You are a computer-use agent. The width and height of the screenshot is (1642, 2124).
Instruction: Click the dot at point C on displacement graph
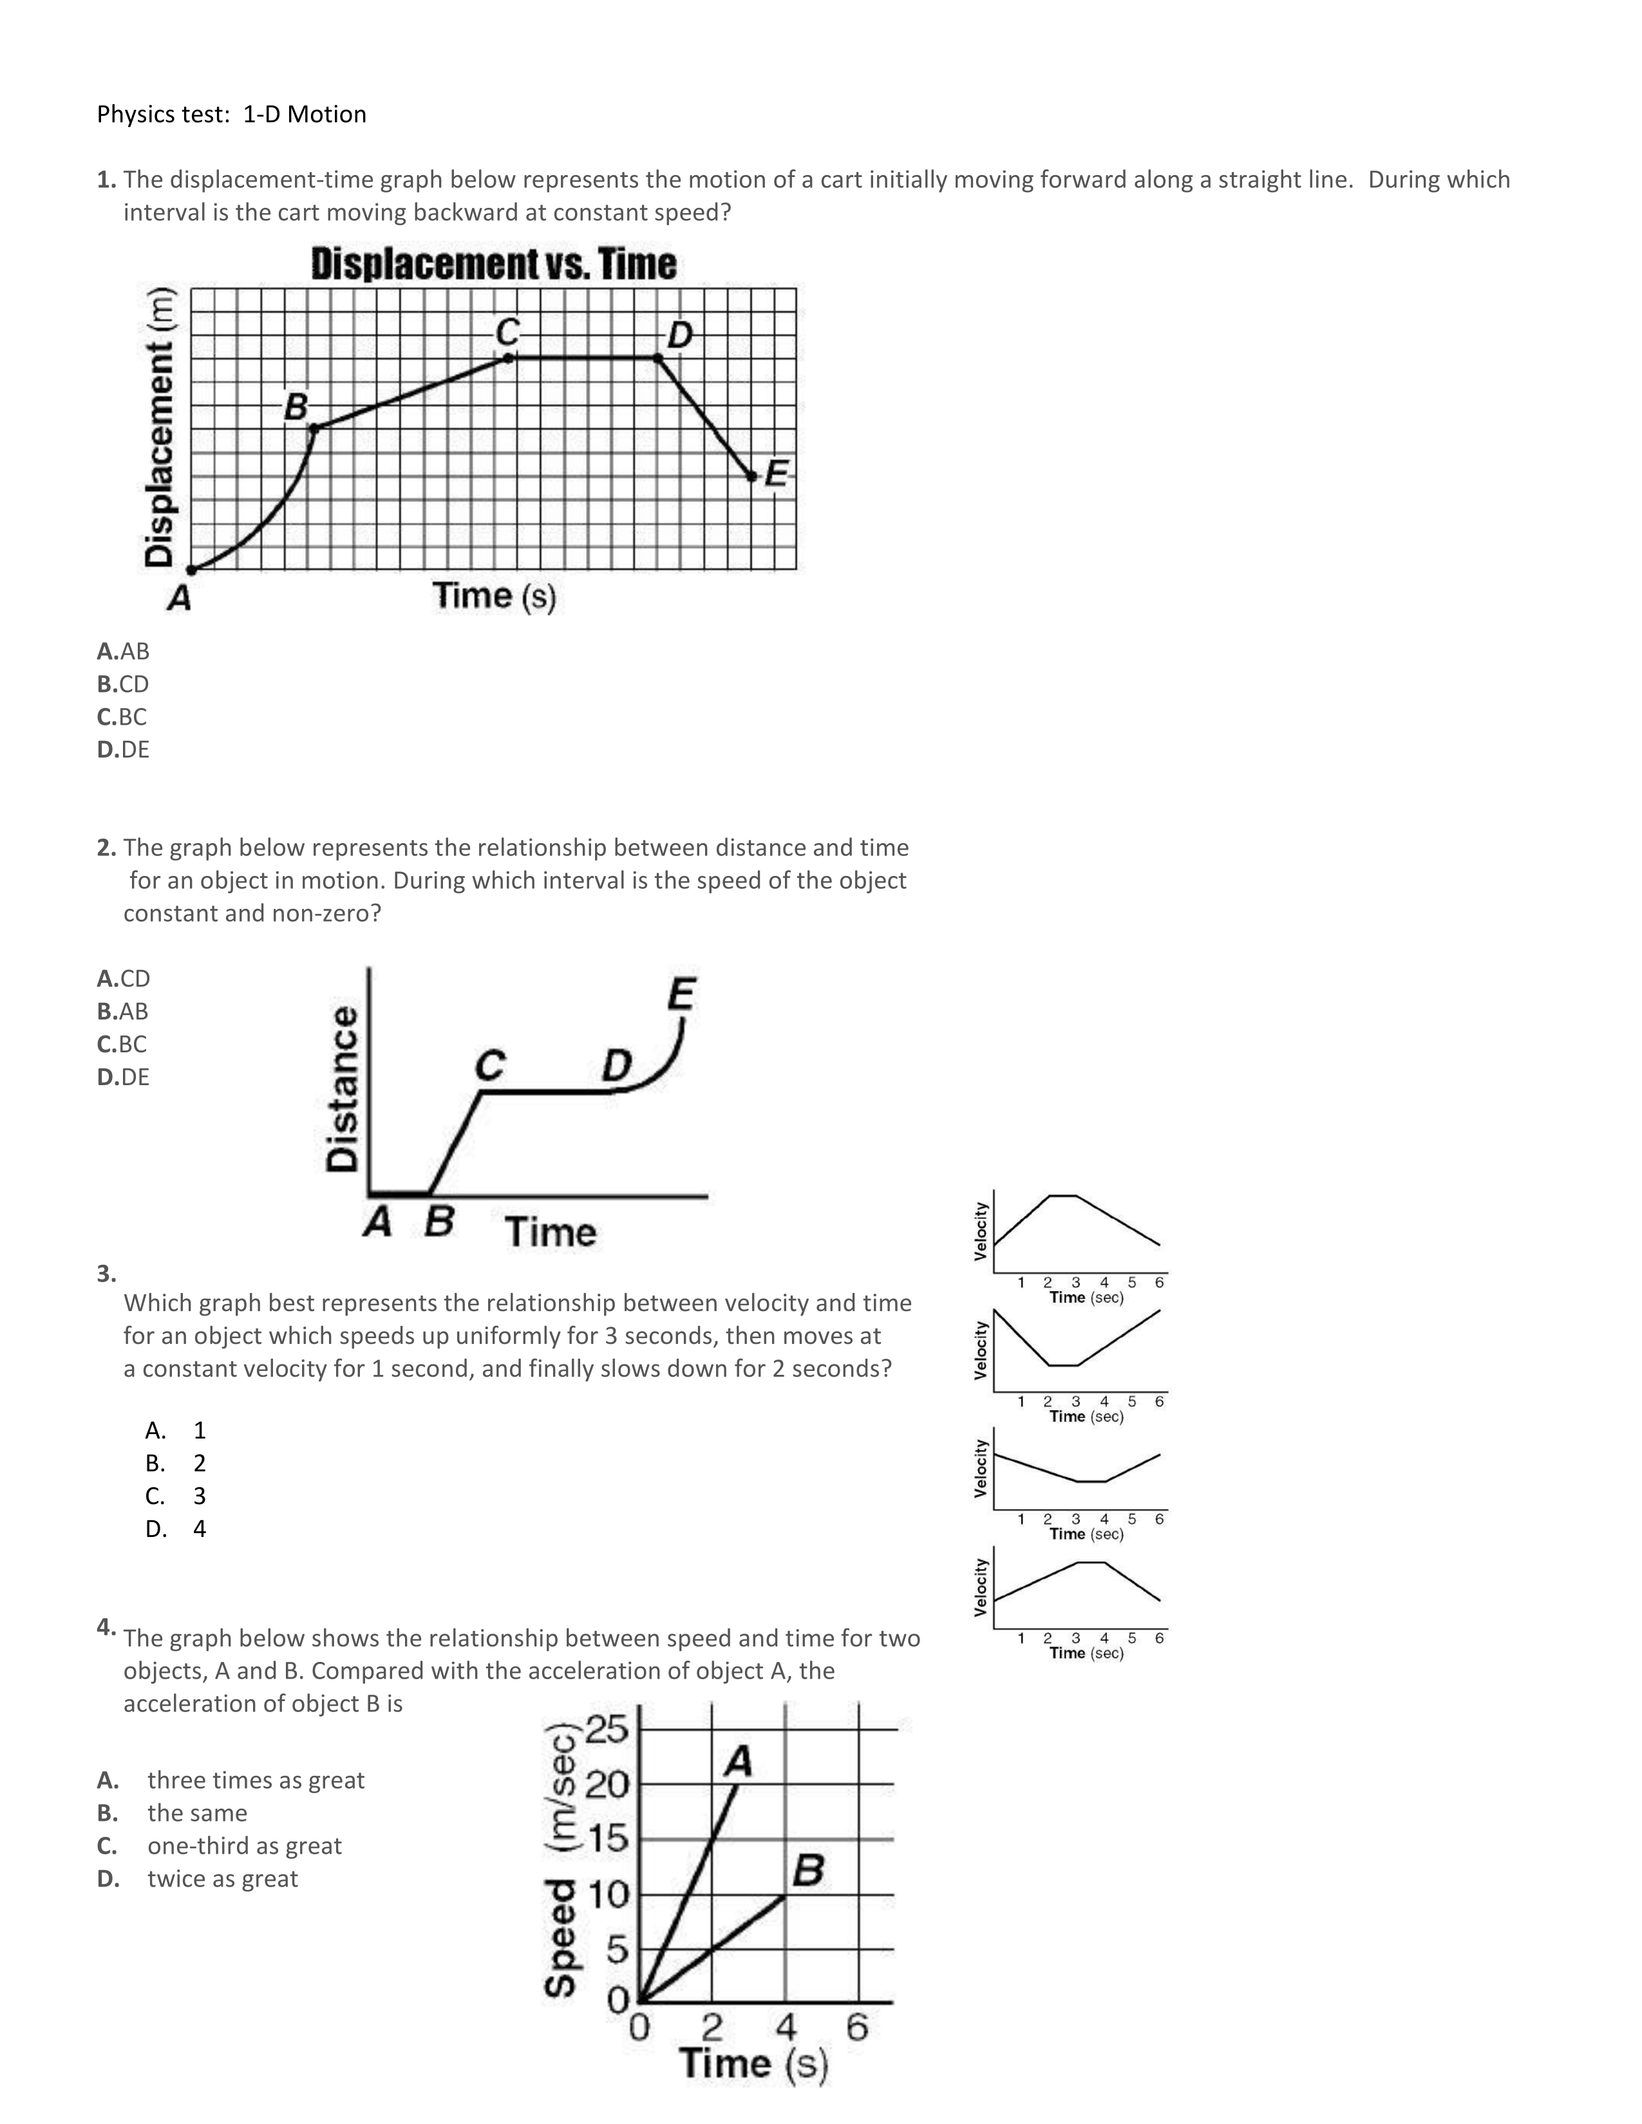click(x=509, y=358)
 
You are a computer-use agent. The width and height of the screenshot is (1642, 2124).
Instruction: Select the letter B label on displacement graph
click(x=296, y=407)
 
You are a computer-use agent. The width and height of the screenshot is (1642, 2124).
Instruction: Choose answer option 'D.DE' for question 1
click(x=124, y=749)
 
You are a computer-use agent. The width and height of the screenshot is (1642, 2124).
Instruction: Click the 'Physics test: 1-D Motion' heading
click(x=232, y=115)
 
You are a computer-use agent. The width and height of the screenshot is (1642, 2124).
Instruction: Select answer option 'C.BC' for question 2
click(x=122, y=1043)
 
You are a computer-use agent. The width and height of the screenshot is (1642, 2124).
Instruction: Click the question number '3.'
click(x=106, y=1273)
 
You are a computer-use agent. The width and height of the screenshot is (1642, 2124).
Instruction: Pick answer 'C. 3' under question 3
click(x=176, y=1496)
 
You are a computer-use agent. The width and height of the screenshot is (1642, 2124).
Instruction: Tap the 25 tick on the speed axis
click(x=607, y=1729)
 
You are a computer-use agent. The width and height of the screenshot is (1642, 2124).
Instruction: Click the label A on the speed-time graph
click(x=739, y=1760)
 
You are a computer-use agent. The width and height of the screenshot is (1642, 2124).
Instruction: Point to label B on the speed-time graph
click(x=808, y=1869)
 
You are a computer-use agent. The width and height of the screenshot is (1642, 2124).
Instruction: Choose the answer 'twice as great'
click(x=223, y=1878)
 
